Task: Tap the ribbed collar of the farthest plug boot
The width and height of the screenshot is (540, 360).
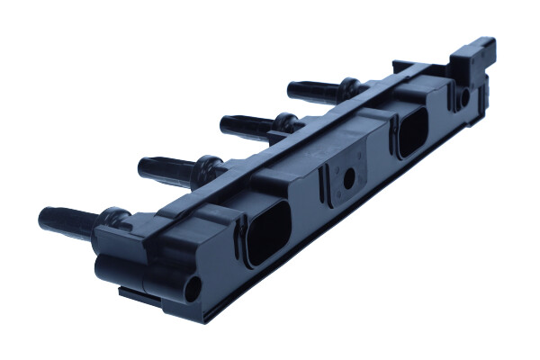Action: point(349,87)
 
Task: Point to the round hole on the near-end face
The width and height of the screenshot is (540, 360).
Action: point(193,290)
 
